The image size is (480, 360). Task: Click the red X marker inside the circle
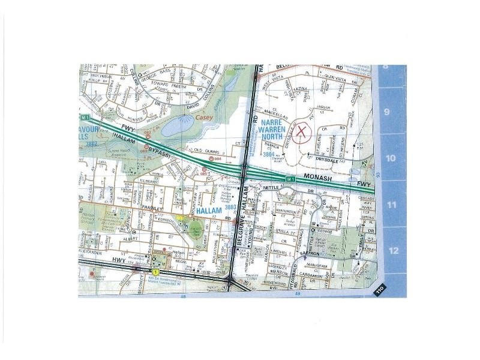click(x=302, y=131)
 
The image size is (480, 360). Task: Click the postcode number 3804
click(x=269, y=154)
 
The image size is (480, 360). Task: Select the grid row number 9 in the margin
click(x=387, y=112)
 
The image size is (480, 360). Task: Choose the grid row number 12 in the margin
click(x=394, y=251)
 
